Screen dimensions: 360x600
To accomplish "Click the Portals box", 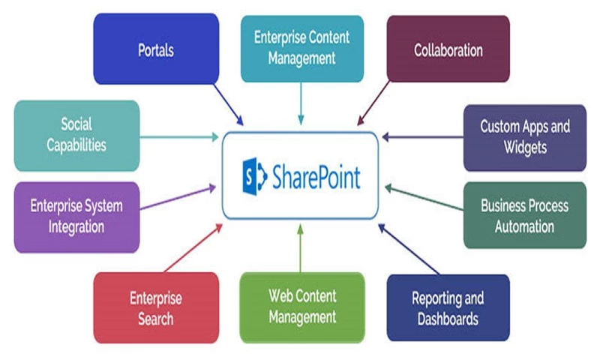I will (156, 49).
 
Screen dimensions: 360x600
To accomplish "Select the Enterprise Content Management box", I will (301, 47).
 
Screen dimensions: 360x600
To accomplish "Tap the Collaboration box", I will (448, 49).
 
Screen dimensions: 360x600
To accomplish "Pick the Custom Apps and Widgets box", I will (524, 137).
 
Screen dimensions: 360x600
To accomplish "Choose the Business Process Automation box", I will (524, 215).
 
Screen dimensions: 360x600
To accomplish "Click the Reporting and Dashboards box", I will (448, 307).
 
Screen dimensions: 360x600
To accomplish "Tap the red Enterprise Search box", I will (156, 307).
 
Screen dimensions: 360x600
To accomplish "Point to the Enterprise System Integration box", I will (76, 215).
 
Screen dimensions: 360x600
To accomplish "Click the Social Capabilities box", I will (76, 135).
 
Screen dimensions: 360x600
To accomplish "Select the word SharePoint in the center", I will (315, 178).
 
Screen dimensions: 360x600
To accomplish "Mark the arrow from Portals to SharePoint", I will (228, 104).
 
